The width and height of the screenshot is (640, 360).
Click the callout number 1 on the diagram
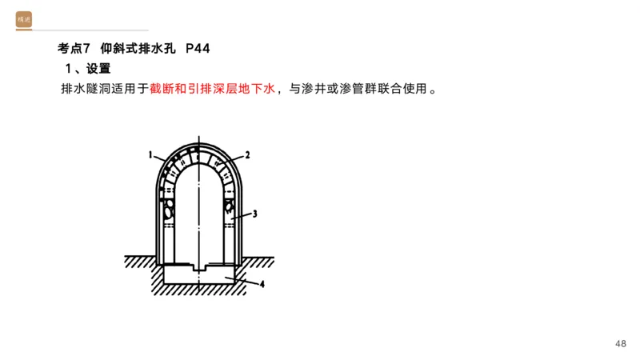pos(150,153)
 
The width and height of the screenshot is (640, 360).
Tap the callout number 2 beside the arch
pos(248,154)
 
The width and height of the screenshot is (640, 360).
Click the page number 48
pos(621,343)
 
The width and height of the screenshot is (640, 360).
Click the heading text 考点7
pos(76,49)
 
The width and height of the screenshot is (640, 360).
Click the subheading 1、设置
pos(87,69)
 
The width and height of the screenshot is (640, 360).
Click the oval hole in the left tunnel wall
pos(169,210)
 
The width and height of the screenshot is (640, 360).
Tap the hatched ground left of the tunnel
pos(140,261)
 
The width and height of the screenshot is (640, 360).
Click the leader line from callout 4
pos(243,279)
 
